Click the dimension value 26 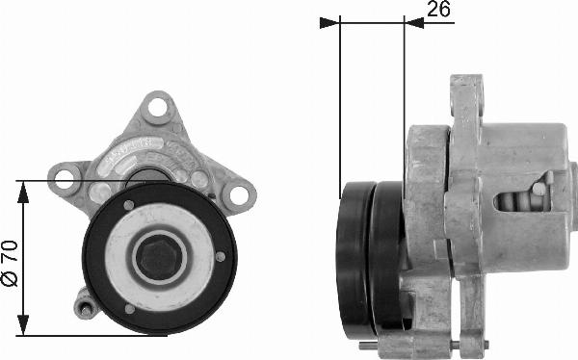438,9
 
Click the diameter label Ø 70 10,263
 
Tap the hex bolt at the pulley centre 158,257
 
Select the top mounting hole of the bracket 157,107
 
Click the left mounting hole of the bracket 64,179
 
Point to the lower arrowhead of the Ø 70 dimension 23,325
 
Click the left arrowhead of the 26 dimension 329,23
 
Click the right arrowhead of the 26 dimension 414,23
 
